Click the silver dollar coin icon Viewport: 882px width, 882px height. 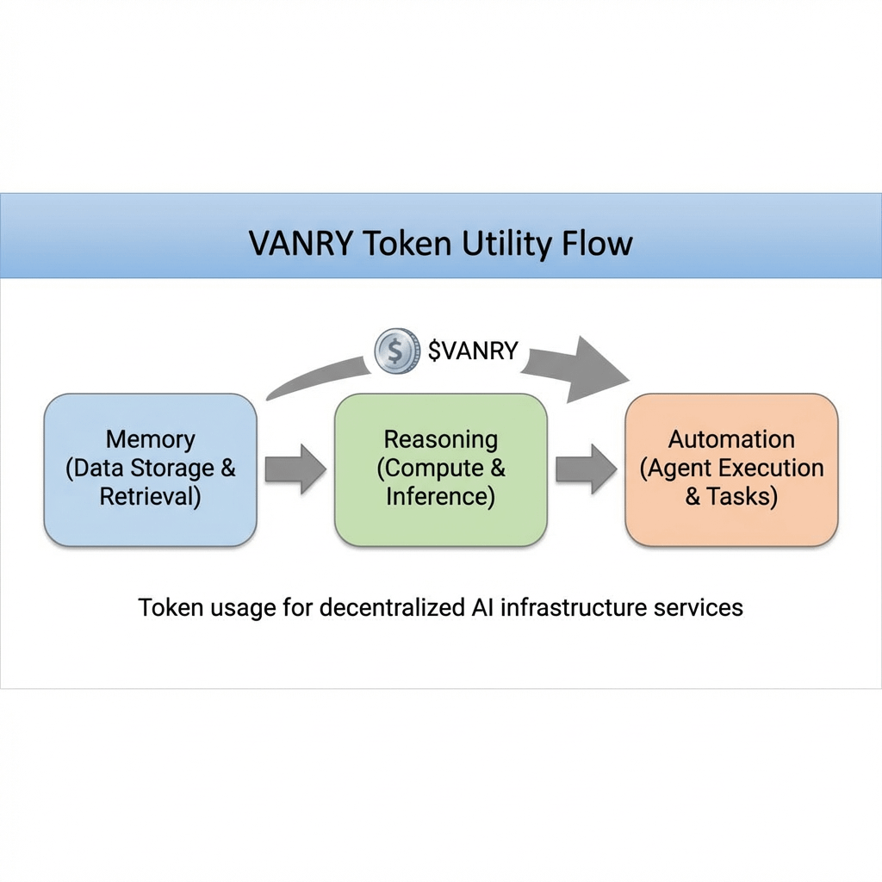pyautogui.click(x=395, y=351)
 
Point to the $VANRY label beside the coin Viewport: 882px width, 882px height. pyautogui.click(x=473, y=351)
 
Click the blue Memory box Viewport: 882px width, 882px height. pyautogui.click(x=150, y=469)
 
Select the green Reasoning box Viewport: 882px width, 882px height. pyautogui.click(x=441, y=469)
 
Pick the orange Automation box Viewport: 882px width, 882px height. pyautogui.click(x=731, y=469)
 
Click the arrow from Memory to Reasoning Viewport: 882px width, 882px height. pyautogui.click(x=295, y=469)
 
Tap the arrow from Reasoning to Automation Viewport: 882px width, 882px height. pyautogui.click(x=586, y=469)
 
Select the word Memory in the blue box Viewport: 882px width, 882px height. pyautogui.click(x=150, y=439)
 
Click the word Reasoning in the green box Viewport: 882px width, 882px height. pyautogui.click(x=441, y=439)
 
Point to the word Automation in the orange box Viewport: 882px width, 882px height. pyautogui.click(x=731, y=439)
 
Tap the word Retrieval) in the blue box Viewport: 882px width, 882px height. pyautogui.click(x=150, y=498)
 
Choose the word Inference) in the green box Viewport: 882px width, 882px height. pyautogui.click(x=441, y=498)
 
